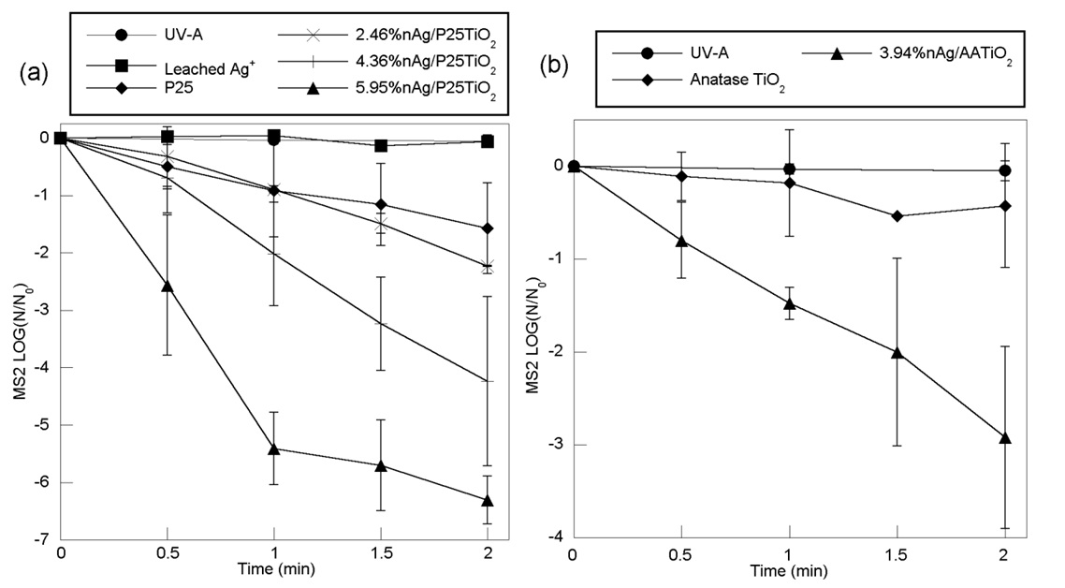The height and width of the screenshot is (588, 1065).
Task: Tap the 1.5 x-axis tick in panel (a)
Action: coord(381,554)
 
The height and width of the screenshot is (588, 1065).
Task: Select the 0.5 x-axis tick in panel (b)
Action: coord(681,554)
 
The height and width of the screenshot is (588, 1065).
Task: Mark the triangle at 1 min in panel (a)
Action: coord(274,449)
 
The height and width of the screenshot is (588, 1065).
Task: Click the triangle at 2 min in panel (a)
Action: coord(489,501)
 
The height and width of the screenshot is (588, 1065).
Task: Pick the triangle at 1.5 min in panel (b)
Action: coord(897,352)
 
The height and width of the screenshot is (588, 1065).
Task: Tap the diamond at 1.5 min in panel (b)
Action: coord(897,216)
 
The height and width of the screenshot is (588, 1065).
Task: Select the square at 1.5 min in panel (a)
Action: coord(381,145)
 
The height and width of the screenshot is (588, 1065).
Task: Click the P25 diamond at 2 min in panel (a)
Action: coord(489,228)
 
